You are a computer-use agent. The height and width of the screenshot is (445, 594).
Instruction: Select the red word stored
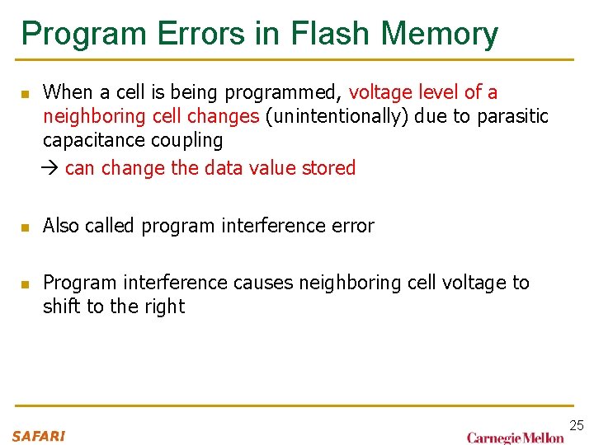pyautogui.click(x=328, y=168)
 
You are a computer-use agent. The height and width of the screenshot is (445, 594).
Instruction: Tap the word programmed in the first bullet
pyautogui.click(x=294, y=92)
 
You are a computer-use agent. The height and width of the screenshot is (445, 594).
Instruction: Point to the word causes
pyautogui.click(x=263, y=283)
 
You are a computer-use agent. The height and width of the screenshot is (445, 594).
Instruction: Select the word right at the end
pyautogui.click(x=163, y=307)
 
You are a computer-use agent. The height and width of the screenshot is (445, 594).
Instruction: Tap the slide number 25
pyautogui.click(x=577, y=425)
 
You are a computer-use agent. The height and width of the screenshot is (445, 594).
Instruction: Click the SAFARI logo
pyautogui.click(x=38, y=436)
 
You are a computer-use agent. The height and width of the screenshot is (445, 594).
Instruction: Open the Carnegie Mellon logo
pyautogui.click(x=516, y=438)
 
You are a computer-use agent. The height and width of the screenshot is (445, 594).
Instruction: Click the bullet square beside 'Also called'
pyautogui.click(x=26, y=227)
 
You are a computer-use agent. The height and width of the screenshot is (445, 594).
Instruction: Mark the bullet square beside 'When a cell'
pyautogui.click(x=26, y=93)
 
